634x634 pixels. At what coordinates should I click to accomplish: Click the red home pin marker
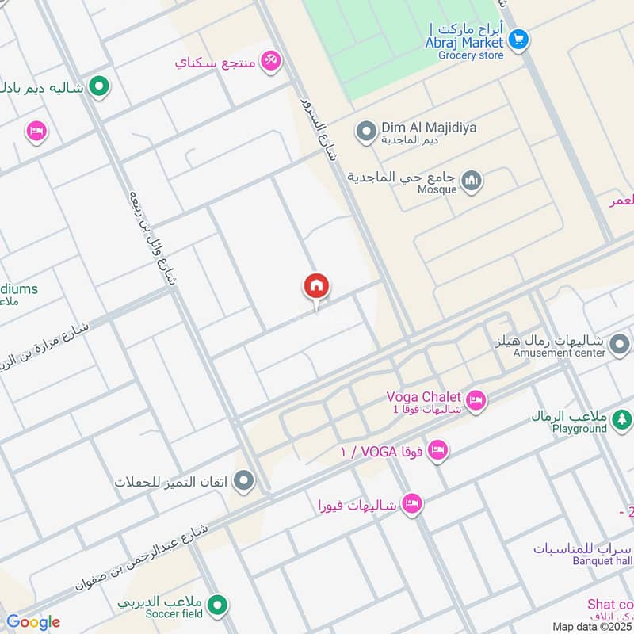316,287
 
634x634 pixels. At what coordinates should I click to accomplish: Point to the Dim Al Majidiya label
429,127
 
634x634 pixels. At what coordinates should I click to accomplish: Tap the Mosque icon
472,182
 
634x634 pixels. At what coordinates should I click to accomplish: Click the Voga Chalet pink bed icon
475,401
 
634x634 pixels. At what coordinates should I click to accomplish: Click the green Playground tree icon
623,418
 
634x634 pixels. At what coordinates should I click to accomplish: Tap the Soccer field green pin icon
219,606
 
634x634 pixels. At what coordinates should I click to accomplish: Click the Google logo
32,622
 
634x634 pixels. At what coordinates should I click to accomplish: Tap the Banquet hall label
601,561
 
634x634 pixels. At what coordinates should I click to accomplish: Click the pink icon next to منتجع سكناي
271,60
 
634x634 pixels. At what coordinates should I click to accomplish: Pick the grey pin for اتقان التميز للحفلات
245,480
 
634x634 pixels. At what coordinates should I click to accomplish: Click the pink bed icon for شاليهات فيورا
411,504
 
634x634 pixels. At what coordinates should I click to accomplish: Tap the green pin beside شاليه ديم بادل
98,86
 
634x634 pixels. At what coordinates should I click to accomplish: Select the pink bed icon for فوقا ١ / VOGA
437,451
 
